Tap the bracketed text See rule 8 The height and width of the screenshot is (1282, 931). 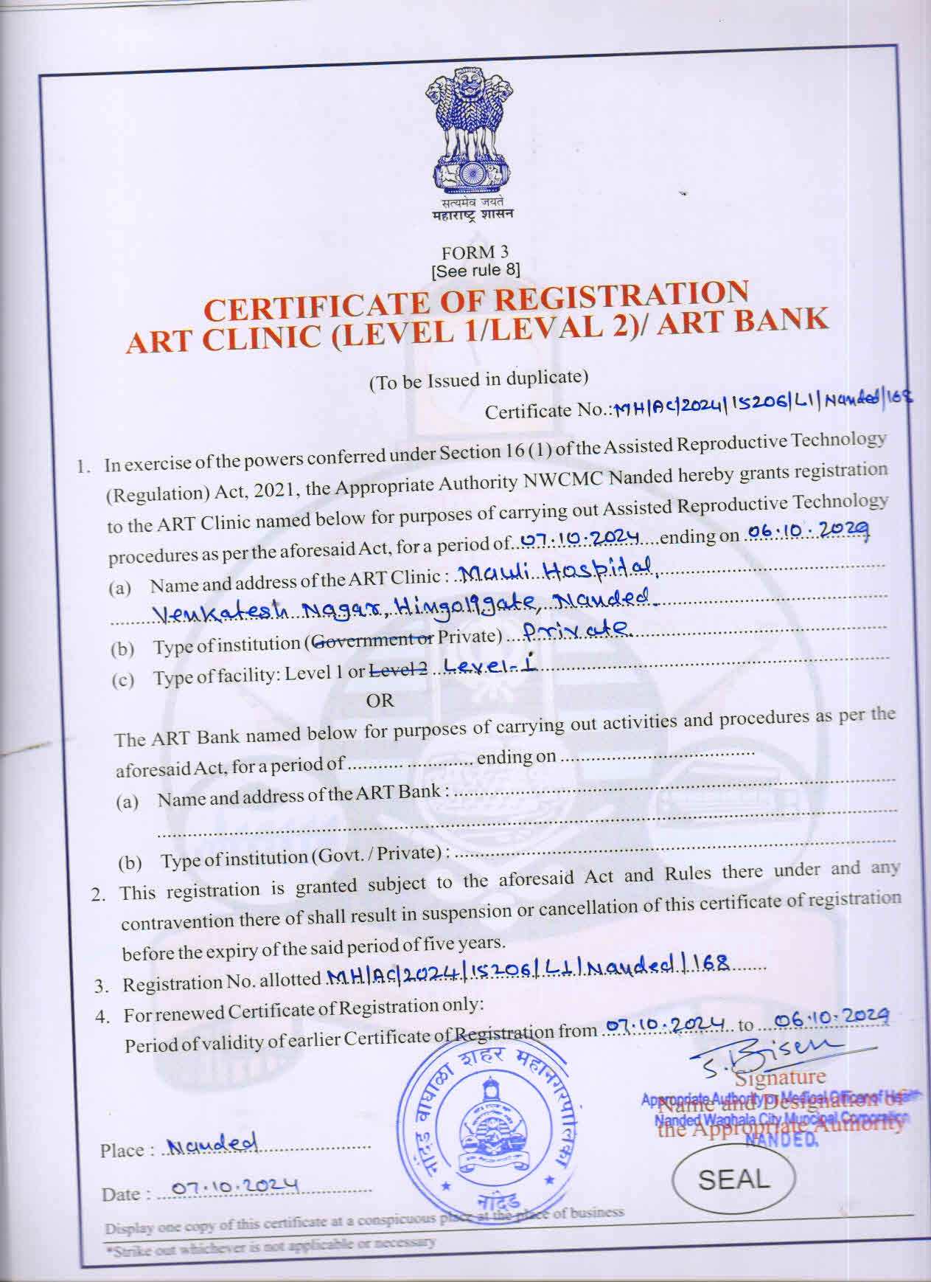(475, 270)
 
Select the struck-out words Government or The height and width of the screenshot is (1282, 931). (372, 641)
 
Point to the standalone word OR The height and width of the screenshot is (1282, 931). (380, 701)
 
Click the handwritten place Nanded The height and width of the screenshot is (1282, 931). (212, 1144)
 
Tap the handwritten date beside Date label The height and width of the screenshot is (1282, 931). (234, 1187)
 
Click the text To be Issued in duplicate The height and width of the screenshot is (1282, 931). (478, 380)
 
